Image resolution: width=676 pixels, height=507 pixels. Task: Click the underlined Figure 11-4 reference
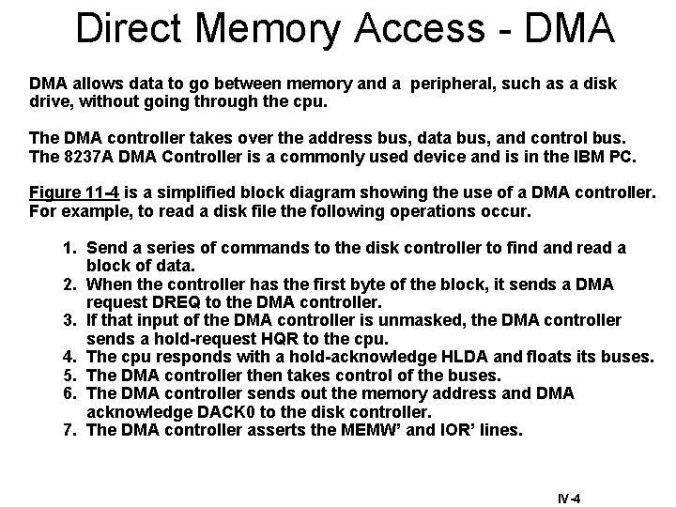pos(73,193)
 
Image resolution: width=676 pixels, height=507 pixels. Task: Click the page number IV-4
pos(567,499)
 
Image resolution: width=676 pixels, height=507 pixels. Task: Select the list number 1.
pos(69,248)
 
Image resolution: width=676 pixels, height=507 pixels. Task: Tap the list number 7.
pos(69,430)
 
